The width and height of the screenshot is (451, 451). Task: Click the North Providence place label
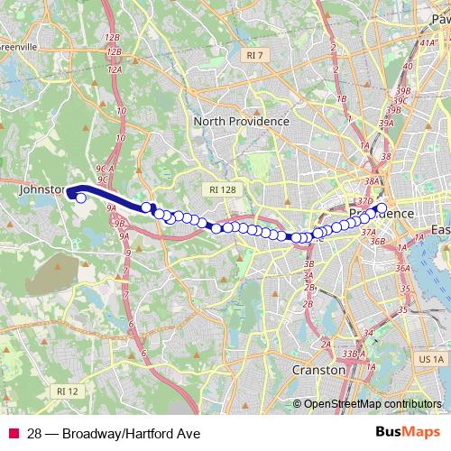coord(241,121)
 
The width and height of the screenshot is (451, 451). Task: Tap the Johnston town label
coord(41,190)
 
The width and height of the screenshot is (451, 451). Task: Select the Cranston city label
coord(318,370)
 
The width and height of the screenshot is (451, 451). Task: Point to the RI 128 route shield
coord(221,189)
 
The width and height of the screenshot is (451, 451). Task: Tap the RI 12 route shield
coord(67,391)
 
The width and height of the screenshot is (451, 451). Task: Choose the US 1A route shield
coord(428,359)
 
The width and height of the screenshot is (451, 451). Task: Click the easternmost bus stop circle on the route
coord(381,208)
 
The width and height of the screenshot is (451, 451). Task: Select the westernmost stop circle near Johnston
coord(80,198)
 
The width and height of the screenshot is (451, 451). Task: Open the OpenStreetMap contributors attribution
coord(373,404)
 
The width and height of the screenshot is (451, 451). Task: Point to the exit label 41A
coord(406,66)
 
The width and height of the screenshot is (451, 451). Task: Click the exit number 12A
coord(115,69)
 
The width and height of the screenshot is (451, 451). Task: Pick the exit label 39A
coord(386,123)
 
